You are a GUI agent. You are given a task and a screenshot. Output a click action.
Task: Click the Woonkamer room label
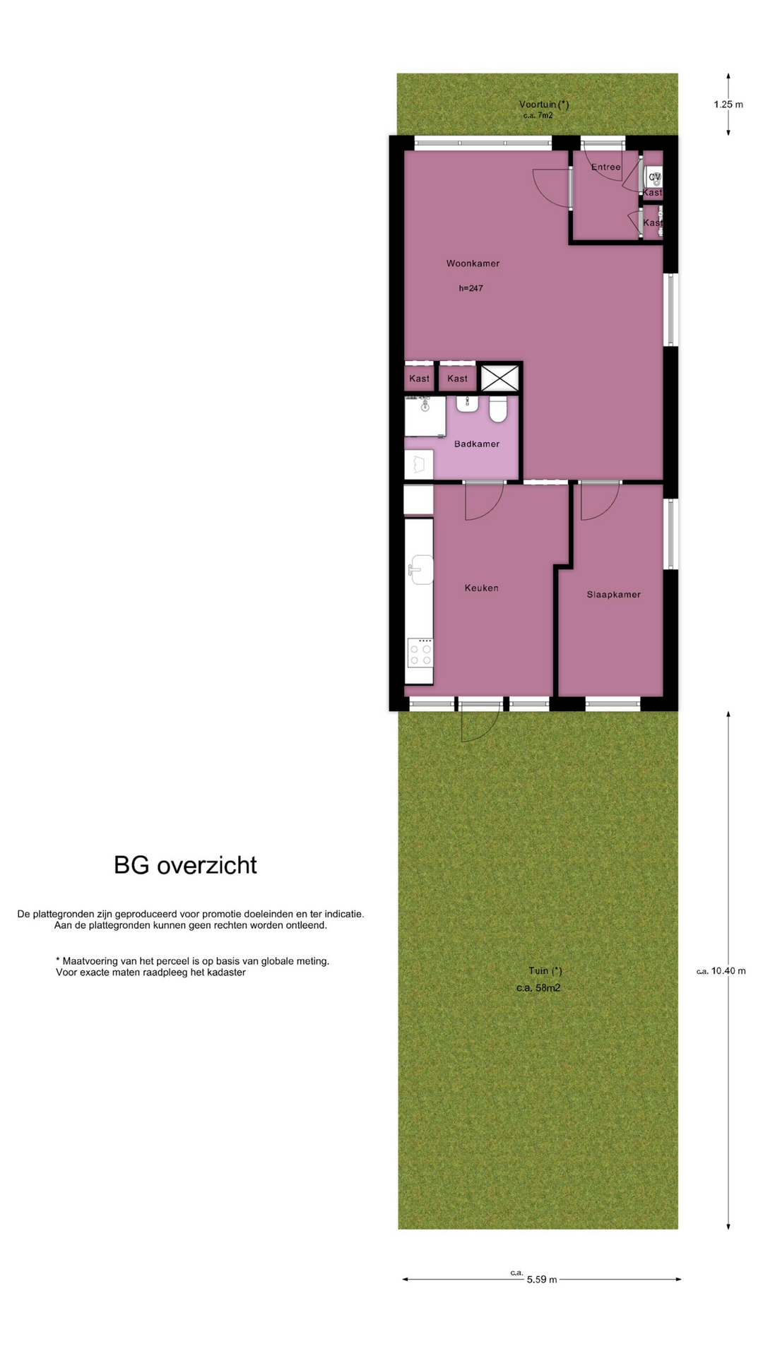tap(473, 263)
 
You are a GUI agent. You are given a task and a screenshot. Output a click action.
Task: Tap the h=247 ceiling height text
tap(471, 288)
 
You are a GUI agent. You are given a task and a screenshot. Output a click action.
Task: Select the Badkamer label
tap(477, 444)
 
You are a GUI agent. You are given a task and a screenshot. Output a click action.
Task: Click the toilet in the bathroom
tap(498, 408)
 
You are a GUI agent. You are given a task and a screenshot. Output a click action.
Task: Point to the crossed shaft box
tap(499, 378)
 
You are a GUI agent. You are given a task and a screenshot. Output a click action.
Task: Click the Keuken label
tap(482, 588)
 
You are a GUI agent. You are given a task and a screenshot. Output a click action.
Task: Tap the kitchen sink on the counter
tap(421, 569)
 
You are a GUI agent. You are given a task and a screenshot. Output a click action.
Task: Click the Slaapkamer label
tap(613, 595)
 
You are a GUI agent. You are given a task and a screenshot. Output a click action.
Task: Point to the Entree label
tap(606, 167)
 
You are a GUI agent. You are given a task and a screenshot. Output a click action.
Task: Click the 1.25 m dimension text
tap(728, 105)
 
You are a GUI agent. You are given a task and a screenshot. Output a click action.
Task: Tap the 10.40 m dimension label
tap(721, 970)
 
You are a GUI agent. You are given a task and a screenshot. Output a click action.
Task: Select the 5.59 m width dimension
tap(542, 1279)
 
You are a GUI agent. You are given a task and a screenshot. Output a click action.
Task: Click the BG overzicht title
tap(186, 865)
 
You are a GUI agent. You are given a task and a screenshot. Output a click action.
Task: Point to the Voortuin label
tap(544, 105)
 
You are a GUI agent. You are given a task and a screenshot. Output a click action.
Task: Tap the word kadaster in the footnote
tap(225, 973)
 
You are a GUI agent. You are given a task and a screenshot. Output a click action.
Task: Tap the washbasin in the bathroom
tap(467, 403)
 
